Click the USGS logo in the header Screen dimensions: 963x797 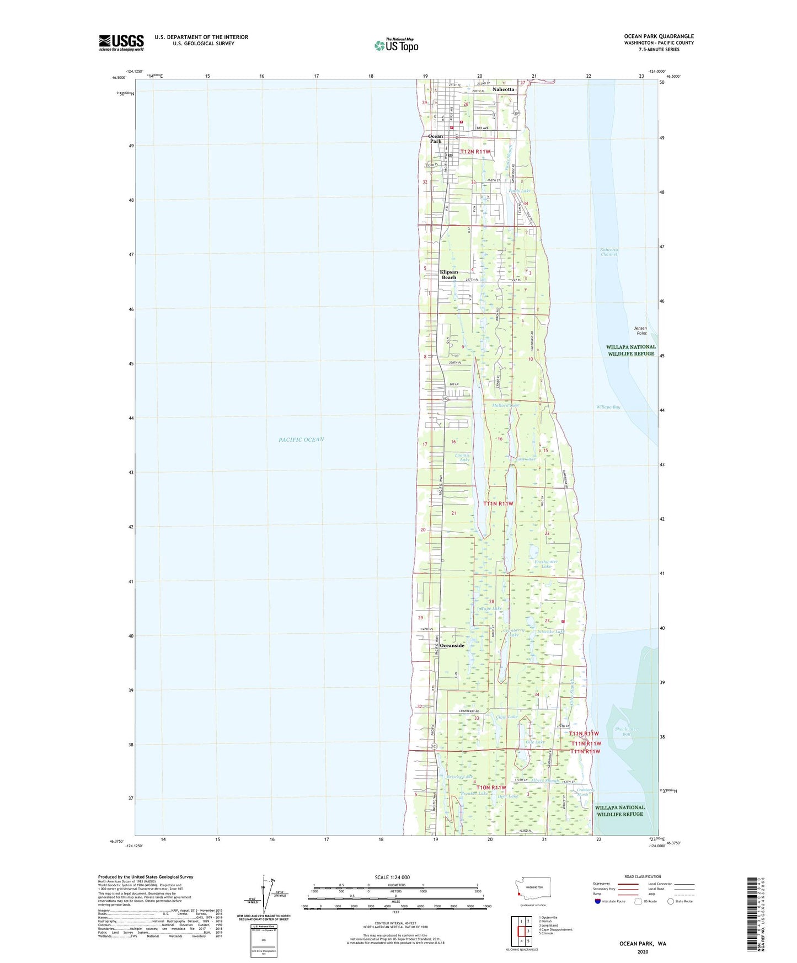tap(121, 42)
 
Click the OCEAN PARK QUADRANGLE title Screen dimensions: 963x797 tap(655, 36)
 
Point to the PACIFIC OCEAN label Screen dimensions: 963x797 tap(301, 440)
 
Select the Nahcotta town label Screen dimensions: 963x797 tap(503, 89)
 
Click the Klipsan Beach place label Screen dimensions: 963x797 tap(449, 275)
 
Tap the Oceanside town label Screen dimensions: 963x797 tap(452, 645)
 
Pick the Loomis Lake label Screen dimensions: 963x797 tap(462, 457)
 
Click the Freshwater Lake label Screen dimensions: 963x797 tap(546, 564)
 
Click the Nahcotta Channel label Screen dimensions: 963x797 tap(609, 252)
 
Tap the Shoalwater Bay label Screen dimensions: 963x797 tap(626, 731)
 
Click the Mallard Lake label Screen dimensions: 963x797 tap(505, 405)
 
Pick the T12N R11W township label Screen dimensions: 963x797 tap(475, 151)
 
